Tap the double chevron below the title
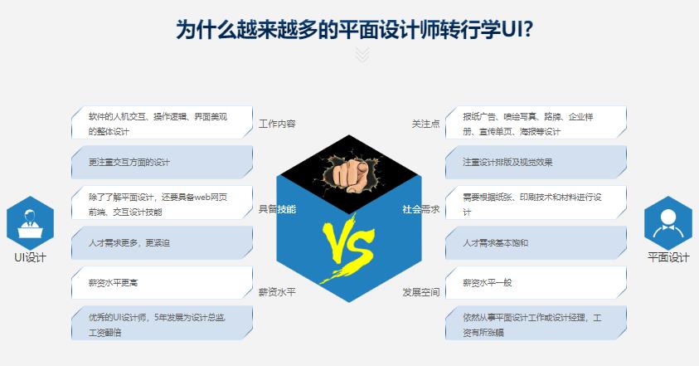[x=362, y=55]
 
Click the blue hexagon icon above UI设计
[x=30, y=222]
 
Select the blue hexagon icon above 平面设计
[x=668, y=222]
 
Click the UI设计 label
[x=30, y=257]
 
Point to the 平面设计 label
[x=668, y=257]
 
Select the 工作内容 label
[x=277, y=124]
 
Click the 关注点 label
[x=425, y=124]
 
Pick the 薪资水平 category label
[x=277, y=292]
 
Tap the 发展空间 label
[x=421, y=292]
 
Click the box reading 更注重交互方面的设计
[x=162, y=162]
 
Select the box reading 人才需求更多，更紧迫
[x=162, y=243]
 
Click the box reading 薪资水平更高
[x=162, y=283]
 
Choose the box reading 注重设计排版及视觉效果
[x=536, y=162]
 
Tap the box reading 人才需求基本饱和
[x=536, y=243]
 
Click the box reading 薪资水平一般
[x=536, y=283]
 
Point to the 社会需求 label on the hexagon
[x=420, y=209]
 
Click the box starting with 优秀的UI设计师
[x=162, y=324]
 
